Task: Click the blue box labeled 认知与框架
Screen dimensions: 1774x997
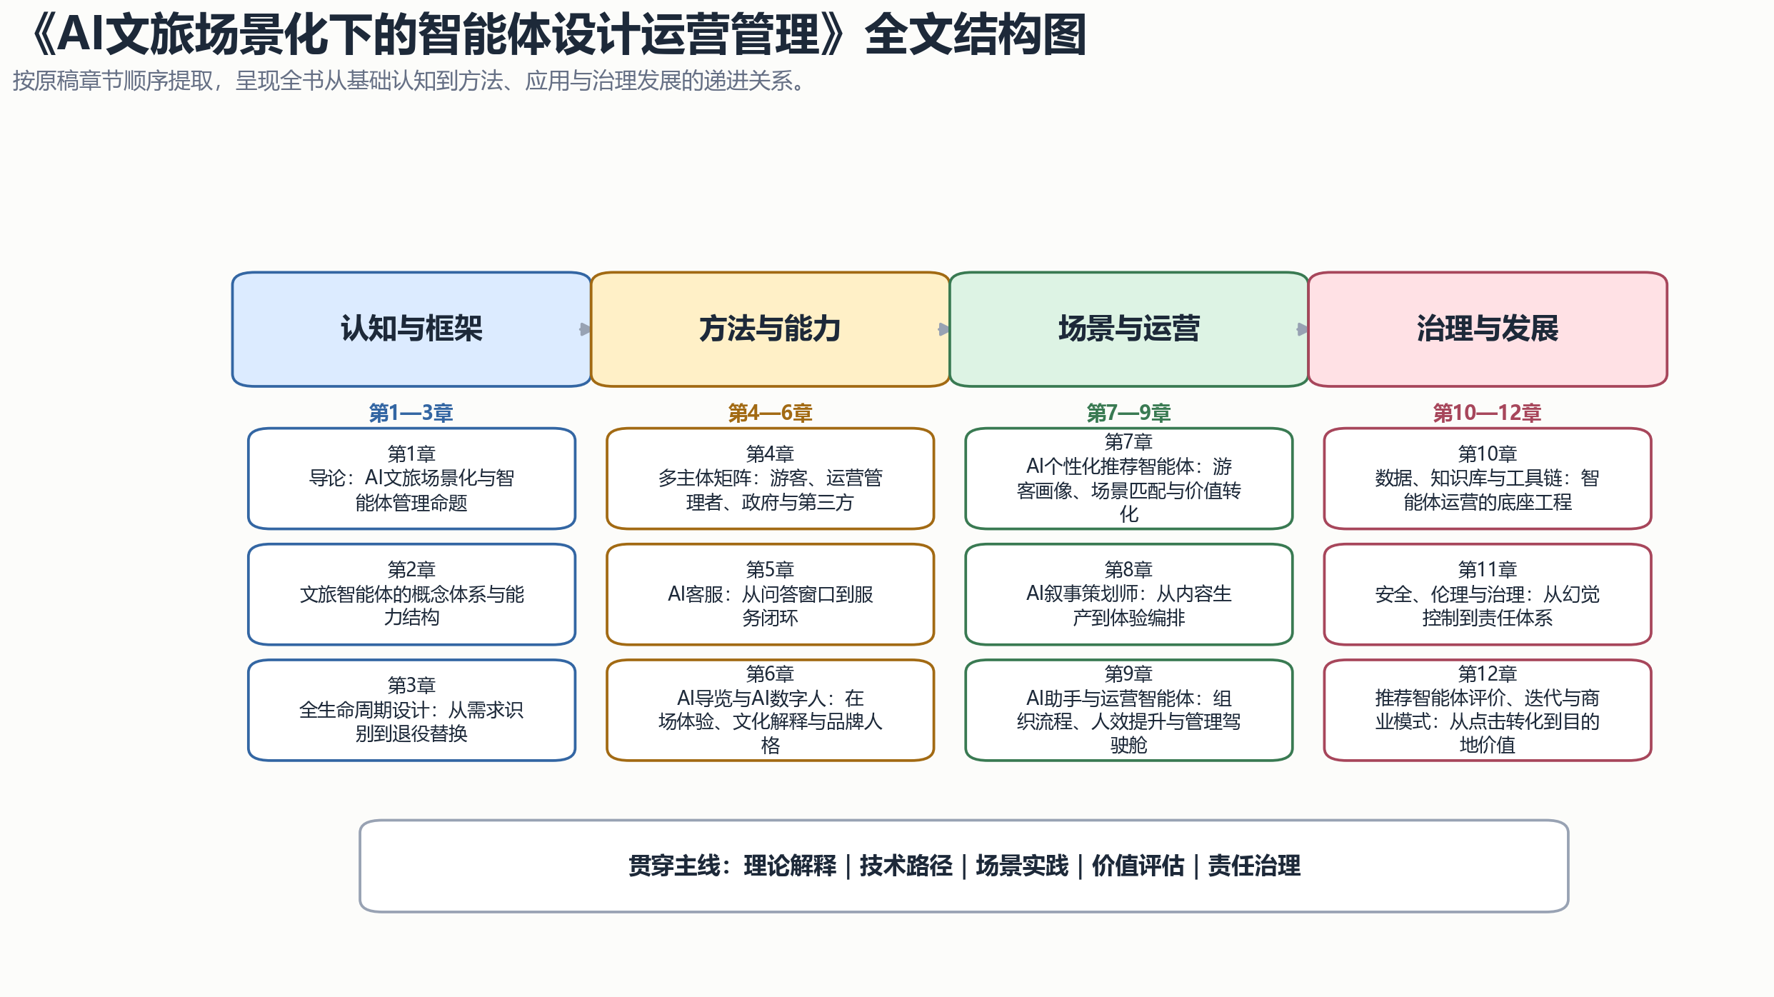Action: (411, 329)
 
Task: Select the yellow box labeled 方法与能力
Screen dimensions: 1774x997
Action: (770, 329)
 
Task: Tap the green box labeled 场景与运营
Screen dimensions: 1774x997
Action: (1128, 329)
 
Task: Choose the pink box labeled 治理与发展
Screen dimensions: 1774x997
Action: (1488, 329)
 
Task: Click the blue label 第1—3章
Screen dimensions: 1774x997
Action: (411, 413)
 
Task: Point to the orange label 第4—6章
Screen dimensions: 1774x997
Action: (770, 413)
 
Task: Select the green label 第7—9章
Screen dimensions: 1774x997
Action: (1128, 413)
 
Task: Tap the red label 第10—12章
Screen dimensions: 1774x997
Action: (1488, 413)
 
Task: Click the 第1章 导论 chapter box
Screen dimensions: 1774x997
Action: (411, 479)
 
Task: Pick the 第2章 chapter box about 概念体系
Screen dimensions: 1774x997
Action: (411, 594)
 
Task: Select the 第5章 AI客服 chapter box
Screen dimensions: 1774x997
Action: (770, 594)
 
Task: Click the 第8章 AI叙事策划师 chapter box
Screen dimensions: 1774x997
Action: (1128, 594)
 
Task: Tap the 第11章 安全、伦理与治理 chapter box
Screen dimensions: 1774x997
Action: (1488, 594)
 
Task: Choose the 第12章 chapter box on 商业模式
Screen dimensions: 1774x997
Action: (1488, 710)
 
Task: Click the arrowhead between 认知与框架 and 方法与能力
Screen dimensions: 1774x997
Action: (585, 329)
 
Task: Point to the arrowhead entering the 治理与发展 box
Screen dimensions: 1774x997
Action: (1302, 329)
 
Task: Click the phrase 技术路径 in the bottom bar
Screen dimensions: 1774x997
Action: (906, 866)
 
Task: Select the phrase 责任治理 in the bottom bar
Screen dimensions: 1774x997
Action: (1254, 866)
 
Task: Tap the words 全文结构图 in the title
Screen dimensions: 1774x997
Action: (976, 34)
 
